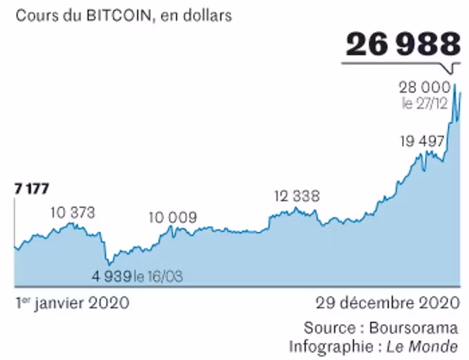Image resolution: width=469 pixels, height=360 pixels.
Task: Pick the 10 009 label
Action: pyautogui.click(x=172, y=217)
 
